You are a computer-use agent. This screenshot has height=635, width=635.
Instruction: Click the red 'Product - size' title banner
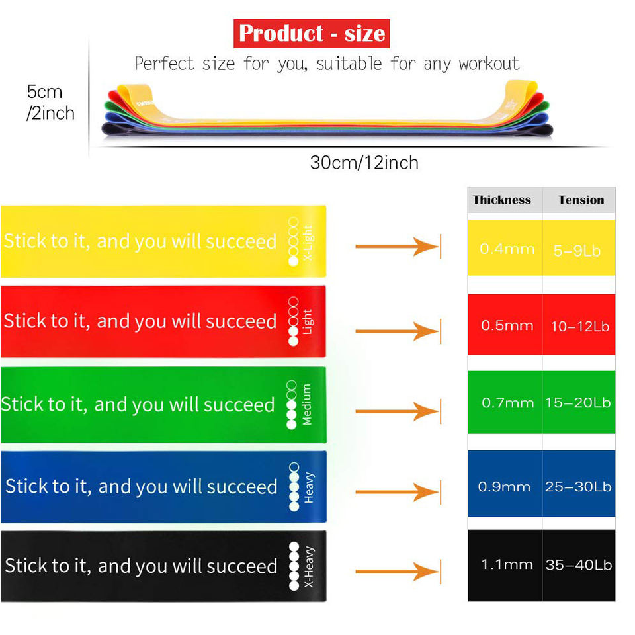[x=312, y=33]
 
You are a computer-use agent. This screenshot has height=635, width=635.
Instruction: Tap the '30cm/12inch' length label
[x=364, y=163]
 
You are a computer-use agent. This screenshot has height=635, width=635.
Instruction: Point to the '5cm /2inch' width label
[x=50, y=102]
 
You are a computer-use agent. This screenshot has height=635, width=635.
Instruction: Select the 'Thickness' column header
[x=502, y=200]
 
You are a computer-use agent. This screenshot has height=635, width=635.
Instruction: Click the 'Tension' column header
[x=581, y=200]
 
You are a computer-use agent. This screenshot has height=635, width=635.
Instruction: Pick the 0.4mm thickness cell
[x=507, y=249]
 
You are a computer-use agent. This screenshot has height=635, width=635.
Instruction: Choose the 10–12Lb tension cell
[x=579, y=326]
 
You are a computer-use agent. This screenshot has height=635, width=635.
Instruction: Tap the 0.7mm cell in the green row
[x=507, y=403]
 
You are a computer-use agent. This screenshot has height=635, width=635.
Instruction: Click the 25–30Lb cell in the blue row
[x=578, y=487]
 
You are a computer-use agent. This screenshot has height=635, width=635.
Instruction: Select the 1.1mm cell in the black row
[x=507, y=565]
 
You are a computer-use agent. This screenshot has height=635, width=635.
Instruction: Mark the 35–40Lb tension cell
[x=578, y=565]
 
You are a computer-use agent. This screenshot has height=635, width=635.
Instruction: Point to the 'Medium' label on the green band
[x=307, y=404]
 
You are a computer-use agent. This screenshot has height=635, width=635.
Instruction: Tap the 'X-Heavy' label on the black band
[x=309, y=567]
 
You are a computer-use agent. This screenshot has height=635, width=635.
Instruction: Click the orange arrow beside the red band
[x=397, y=330]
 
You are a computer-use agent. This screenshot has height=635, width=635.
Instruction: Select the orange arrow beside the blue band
[x=397, y=491]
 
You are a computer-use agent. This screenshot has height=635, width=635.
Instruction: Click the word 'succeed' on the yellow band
[x=241, y=241]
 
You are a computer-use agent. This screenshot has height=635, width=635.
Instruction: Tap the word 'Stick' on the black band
[x=26, y=566]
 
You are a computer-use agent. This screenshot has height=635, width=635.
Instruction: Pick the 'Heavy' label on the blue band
[x=309, y=487]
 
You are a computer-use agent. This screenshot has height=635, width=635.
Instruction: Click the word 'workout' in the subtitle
[x=489, y=64]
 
